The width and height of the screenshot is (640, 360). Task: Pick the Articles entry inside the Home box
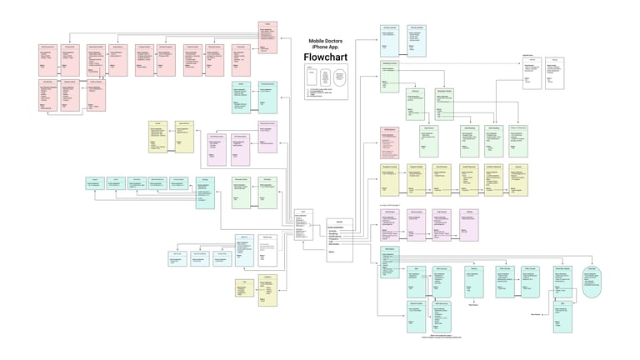pos(333,230)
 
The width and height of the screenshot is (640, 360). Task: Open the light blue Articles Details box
pos(417,42)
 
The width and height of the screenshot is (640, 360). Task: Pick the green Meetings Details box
pos(444,104)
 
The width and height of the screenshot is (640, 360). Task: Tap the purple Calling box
pos(470,224)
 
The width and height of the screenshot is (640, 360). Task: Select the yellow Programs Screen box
pos(389,180)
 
